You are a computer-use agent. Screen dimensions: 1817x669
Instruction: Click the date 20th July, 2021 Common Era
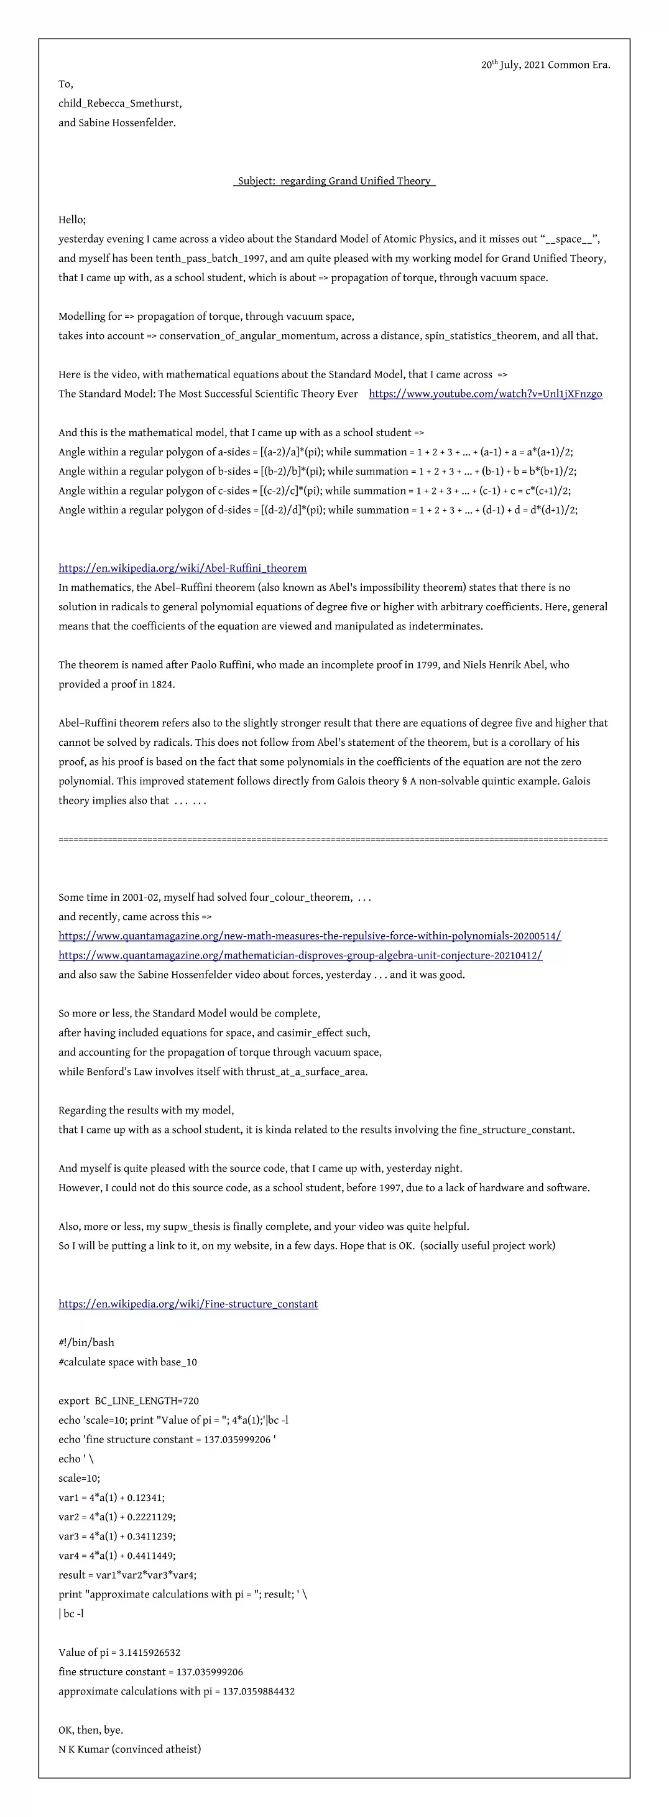pyautogui.click(x=546, y=65)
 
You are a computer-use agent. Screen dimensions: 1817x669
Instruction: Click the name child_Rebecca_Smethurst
pyautogui.click(x=120, y=104)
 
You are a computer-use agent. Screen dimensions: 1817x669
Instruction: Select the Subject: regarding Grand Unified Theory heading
pyautogui.click(x=334, y=181)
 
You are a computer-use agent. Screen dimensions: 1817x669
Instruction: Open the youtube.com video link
pyautogui.click(x=485, y=394)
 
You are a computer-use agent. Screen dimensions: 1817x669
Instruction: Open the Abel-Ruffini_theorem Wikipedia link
pyautogui.click(x=183, y=569)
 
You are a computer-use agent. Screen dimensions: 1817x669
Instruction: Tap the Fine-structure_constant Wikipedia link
pyautogui.click(x=188, y=1304)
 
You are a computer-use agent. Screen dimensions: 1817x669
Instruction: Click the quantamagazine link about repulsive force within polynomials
pyautogui.click(x=310, y=936)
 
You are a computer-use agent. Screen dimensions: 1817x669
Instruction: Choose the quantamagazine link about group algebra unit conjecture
pyautogui.click(x=300, y=955)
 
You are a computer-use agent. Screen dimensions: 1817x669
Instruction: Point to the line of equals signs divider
pyautogui.click(x=333, y=839)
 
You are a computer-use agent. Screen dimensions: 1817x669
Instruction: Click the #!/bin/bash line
pyautogui.click(x=86, y=1343)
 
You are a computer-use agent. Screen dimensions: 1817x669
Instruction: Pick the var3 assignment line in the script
pyautogui.click(x=117, y=1536)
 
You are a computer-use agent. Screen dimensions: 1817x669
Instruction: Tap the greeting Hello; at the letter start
pyautogui.click(x=72, y=220)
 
